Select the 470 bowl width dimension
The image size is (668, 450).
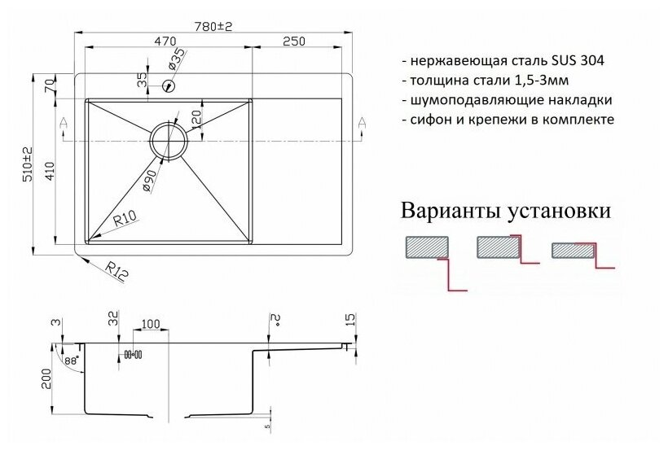167,41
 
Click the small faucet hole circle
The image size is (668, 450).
169,84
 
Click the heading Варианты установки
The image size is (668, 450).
505,212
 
